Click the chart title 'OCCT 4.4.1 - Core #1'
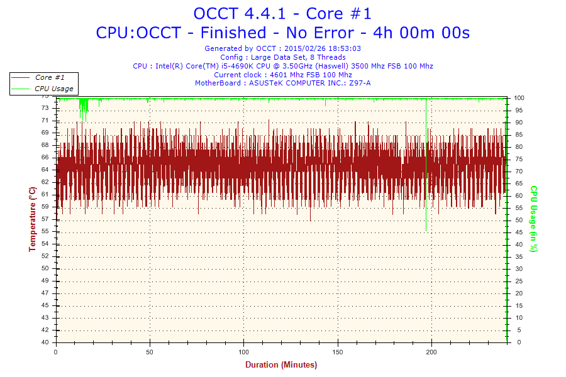(x=282, y=13)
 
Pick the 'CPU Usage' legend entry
(x=53, y=89)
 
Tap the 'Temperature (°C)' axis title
(x=32, y=219)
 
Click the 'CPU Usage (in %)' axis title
(x=533, y=219)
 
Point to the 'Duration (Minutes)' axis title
(x=281, y=364)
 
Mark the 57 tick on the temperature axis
(x=45, y=219)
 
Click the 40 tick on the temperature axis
(x=45, y=342)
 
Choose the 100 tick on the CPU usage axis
(x=519, y=98)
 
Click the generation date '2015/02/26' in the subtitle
(x=302, y=48)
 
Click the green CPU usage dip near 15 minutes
(x=84, y=108)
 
